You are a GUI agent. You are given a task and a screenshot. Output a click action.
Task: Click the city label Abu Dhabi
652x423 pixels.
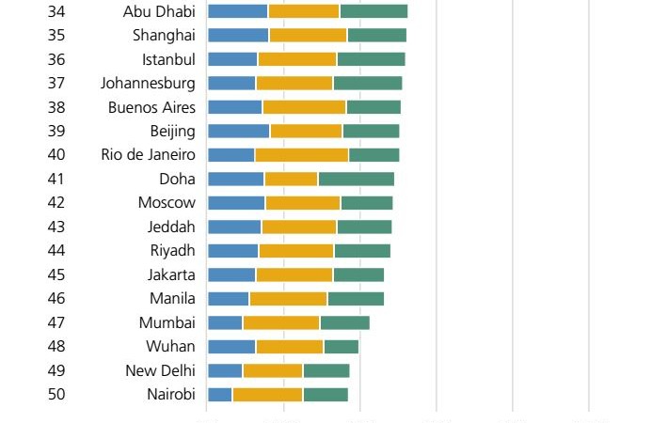(x=159, y=11)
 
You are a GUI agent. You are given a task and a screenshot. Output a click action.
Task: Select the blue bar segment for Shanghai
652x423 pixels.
(x=238, y=35)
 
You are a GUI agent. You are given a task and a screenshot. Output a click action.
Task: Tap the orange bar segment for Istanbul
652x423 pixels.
(x=297, y=59)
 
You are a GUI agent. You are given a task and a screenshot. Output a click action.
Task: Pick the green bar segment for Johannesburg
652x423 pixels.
(x=368, y=83)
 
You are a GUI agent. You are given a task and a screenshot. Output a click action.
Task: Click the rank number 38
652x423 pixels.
(x=56, y=107)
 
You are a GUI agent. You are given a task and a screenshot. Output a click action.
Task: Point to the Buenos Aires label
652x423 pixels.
(x=151, y=107)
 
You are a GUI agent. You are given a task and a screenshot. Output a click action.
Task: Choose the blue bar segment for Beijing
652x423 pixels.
(x=238, y=131)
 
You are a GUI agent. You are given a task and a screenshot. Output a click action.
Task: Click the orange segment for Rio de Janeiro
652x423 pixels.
(x=301, y=155)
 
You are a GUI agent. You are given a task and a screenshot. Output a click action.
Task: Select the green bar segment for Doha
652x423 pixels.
(x=357, y=179)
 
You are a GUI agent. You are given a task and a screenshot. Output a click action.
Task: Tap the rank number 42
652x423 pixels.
(x=56, y=203)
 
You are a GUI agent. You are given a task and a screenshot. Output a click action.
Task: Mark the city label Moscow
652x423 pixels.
(x=167, y=203)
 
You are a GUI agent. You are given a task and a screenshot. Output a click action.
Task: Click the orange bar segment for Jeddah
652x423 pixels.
(x=299, y=227)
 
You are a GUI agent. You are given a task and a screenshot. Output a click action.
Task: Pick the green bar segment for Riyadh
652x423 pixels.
(x=362, y=251)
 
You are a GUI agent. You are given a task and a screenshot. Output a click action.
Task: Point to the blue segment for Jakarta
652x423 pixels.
(x=231, y=274)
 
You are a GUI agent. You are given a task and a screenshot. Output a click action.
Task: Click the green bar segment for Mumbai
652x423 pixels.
(x=344, y=322)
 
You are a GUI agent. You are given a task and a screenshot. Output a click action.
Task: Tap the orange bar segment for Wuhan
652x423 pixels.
(x=290, y=347)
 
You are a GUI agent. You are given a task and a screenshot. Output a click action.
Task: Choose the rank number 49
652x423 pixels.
(x=56, y=370)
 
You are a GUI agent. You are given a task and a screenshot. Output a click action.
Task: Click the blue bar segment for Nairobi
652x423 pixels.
(x=220, y=395)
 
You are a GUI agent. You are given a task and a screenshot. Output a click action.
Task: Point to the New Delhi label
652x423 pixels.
(x=160, y=370)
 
